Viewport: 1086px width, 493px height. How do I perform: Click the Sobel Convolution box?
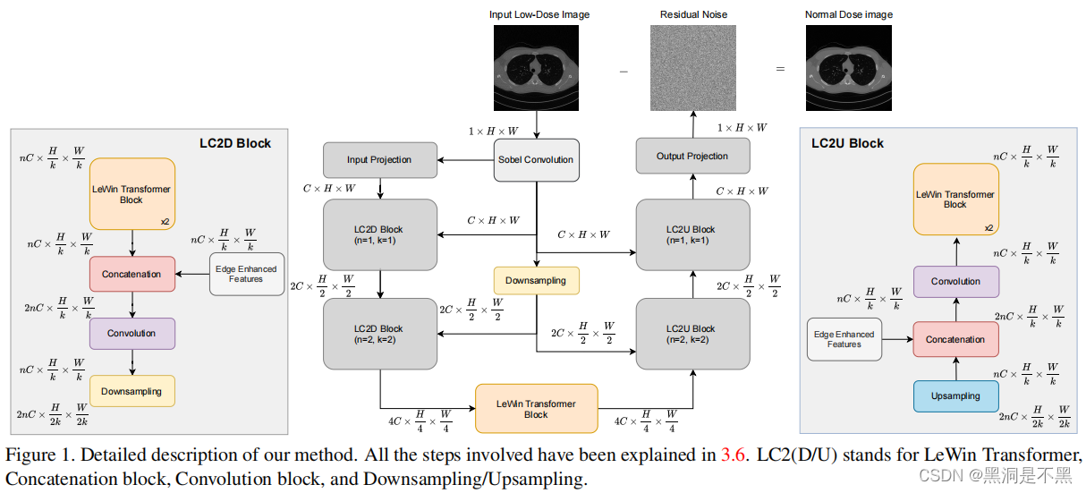point(536,160)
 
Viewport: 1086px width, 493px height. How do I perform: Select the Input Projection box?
point(379,159)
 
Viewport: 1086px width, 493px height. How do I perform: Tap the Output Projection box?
point(692,156)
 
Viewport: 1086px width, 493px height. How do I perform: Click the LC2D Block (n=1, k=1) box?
point(379,234)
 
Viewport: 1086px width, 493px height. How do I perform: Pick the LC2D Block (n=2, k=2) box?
point(379,334)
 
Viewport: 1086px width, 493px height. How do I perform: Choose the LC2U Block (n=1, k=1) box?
point(692,234)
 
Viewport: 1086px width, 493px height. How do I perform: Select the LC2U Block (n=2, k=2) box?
point(692,334)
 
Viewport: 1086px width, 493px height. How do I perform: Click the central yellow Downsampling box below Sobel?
point(536,281)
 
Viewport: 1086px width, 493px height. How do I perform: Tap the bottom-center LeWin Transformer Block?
point(536,409)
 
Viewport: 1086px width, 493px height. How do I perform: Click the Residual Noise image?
point(692,68)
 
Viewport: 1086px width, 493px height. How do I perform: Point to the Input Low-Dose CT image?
point(536,68)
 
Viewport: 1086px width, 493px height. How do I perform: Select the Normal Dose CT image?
point(848,68)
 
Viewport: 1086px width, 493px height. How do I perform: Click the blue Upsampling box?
point(955,396)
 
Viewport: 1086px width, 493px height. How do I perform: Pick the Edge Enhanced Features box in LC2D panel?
point(247,274)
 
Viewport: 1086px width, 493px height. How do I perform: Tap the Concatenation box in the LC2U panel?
point(955,339)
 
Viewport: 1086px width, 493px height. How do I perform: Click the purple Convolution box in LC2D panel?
point(132,334)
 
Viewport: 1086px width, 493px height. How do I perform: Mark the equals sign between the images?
point(780,69)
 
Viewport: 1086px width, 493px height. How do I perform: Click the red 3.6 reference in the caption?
point(733,455)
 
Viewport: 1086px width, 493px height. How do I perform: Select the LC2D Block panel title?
point(235,143)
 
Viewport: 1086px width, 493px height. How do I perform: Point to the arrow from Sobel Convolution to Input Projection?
point(465,160)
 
